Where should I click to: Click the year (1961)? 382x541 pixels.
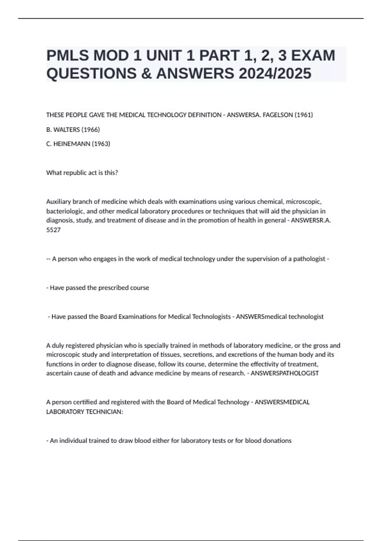304,115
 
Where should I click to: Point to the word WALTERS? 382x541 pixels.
67,130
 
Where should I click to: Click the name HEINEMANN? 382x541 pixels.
72,144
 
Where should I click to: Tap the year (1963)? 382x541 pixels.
101,144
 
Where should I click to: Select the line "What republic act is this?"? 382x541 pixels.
82,173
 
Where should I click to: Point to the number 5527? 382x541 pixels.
53,230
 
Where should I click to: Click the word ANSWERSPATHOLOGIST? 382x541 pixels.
285,373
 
